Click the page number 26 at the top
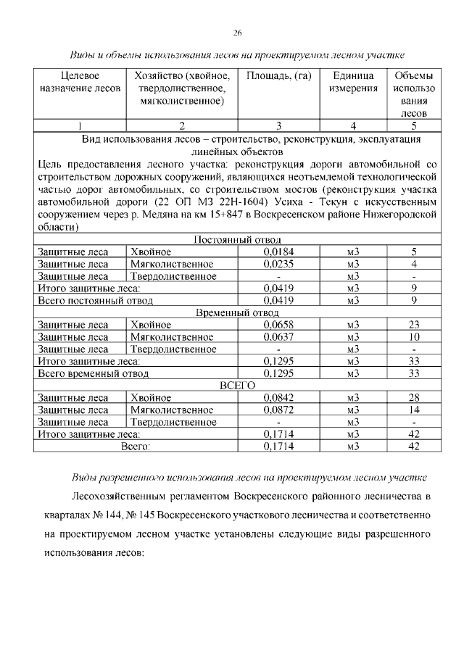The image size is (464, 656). (237, 33)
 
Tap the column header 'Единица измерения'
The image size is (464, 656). (353, 82)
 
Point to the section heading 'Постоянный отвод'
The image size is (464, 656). (237, 240)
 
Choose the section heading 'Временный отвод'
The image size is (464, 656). (237, 313)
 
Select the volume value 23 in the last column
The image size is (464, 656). (414, 325)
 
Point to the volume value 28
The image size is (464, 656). (414, 398)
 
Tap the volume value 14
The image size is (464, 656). (414, 410)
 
